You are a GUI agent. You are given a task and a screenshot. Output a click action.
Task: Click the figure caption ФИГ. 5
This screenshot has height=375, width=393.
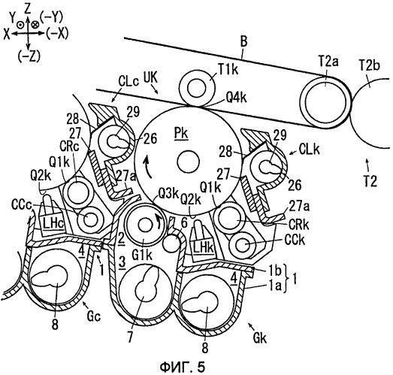pos(182,367)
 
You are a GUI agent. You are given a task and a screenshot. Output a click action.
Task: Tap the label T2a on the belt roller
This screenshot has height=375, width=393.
pos(328,62)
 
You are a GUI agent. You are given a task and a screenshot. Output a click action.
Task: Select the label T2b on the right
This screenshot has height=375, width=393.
pos(370,65)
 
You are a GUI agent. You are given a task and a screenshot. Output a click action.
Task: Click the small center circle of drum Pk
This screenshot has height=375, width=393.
pos(188,162)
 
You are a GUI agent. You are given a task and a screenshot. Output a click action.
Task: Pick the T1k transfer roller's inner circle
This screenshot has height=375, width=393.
pos(198,89)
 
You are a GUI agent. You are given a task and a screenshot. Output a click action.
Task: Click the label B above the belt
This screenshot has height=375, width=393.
pos(243,42)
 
